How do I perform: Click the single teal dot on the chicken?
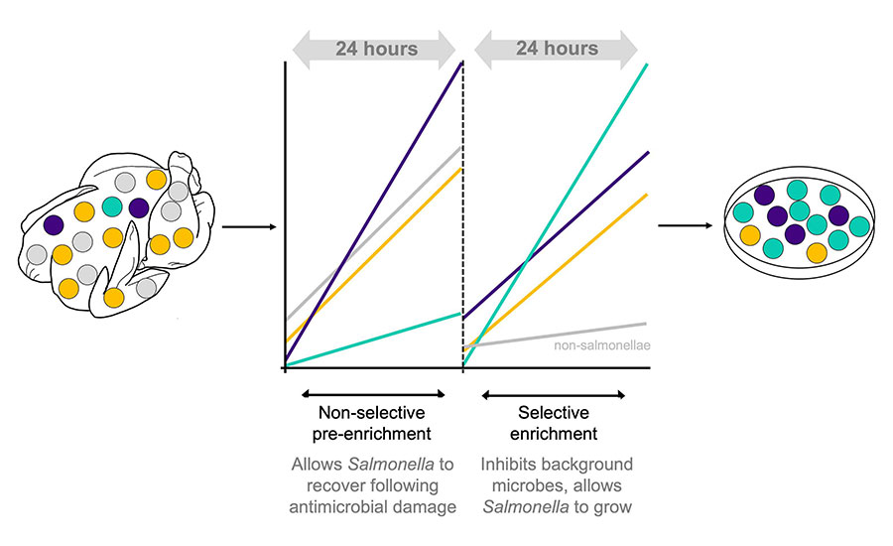point(113,206)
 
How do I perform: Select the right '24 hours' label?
point(557,48)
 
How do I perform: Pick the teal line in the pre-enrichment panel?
point(377,339)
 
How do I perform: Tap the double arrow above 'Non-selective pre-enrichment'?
point(373,394)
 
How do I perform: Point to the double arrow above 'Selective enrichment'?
point(553,394)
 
